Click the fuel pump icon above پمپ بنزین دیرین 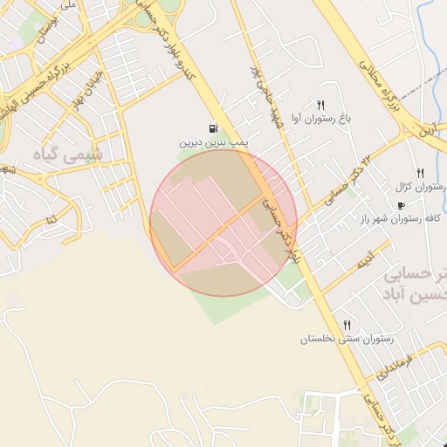tap(215, 127)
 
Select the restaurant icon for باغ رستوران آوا tap(320, 106)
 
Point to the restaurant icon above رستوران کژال tap(420, 173)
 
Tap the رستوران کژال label tap(422, 187)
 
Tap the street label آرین tap(424, 128)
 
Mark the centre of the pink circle tap(223, 223)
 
